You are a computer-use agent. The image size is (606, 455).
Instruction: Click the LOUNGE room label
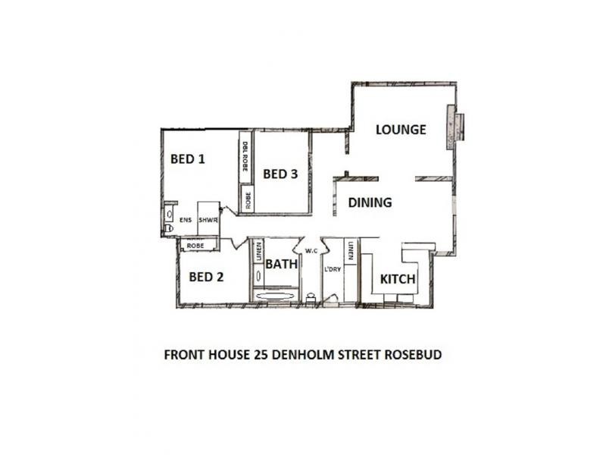pyautogui.click(x=401, y=130)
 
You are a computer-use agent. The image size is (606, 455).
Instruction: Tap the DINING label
pyautogui.click(x=370, y=202)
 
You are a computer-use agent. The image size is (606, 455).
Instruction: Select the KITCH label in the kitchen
pyautogui.click(x=398, y=279)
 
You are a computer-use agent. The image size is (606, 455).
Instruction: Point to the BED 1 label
pyautogui.click(x=188, y=159)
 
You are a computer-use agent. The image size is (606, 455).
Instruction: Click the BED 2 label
pyautogui.click(x=206, y=277)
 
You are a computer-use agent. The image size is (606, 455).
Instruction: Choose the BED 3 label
pyautogui.click(x=280, y=174)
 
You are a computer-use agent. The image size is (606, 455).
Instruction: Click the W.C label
pyautogui.click(x=311, y=251)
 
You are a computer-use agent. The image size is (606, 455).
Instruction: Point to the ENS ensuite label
pyautogui.click(x=186, y=221)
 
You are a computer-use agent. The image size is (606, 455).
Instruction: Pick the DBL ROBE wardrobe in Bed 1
pyautogui.click(x=245, y=158)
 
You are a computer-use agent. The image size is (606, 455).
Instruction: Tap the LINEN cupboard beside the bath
pyautogui.click(x=258, y=253)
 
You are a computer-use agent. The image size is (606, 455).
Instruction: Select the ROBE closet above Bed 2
pyautogui.click(x=195, y=246)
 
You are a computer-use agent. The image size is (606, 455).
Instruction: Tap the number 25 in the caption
pyautogui.click(x=260, y=354)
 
